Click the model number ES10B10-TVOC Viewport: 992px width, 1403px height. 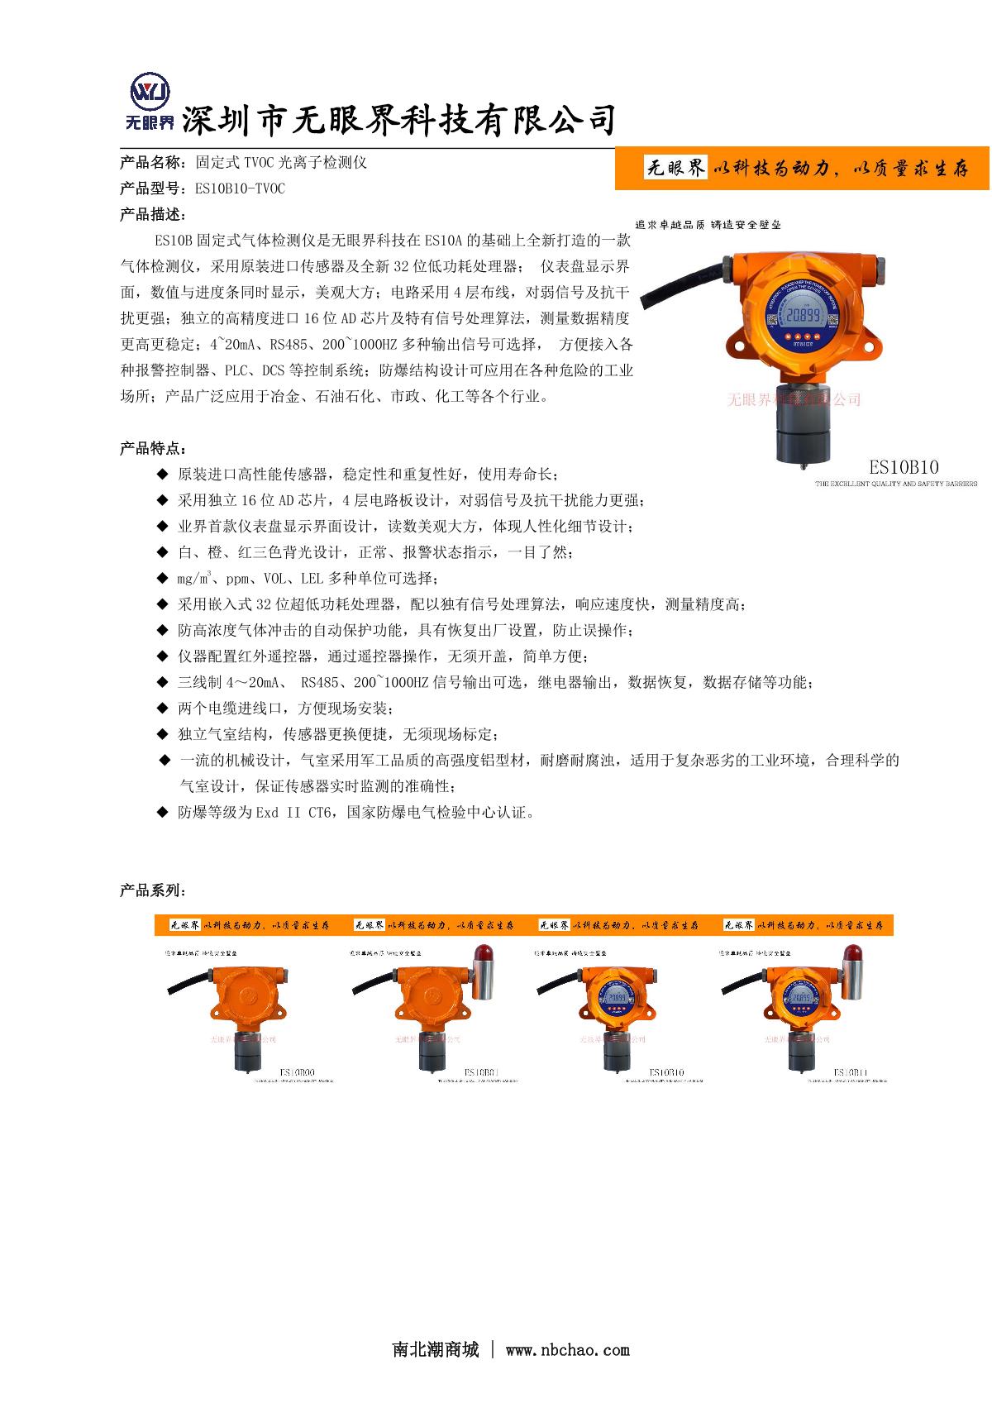[x=240, y=188]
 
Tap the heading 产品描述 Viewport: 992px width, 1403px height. [x=152, y=215]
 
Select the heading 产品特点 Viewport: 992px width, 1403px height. [x=152, y=449]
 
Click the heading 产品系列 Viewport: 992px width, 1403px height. [x=152, y=891]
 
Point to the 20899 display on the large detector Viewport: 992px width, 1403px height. [x=803, y=316]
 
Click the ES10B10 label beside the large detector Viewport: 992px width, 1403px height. [x=904, y=467]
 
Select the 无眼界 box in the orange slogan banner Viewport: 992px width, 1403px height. [x=676, y=169]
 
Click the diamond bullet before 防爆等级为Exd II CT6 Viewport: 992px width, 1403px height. [x=162, y=813]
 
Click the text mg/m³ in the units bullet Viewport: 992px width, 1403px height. [x=195, y=579]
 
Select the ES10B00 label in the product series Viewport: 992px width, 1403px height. [x=298, y=1073]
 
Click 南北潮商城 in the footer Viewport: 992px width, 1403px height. [x=435, y=1350]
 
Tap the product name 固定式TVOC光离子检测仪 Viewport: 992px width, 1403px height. [x=280, y=162]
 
